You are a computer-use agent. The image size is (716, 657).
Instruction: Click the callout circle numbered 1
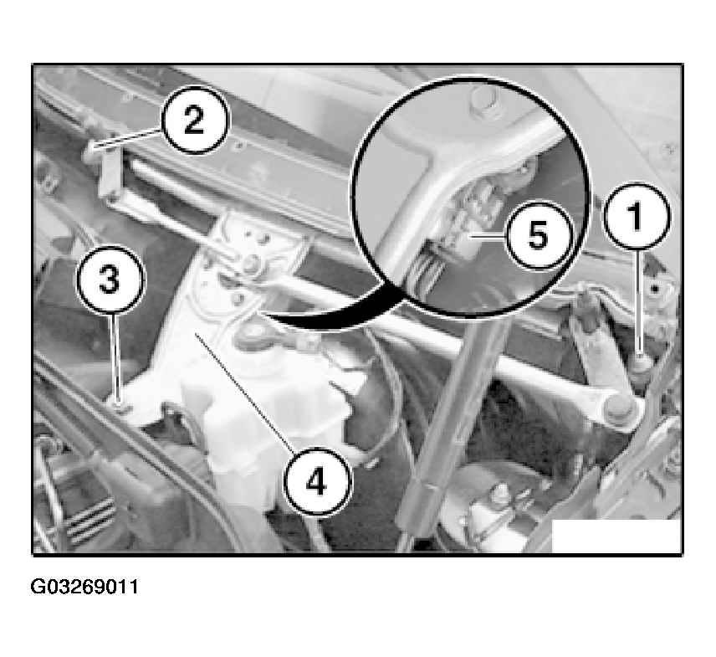(x=637, y=216)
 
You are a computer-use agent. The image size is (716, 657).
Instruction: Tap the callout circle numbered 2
(x=195, y=121)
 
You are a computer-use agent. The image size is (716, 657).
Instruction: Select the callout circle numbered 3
(x=110, y=280)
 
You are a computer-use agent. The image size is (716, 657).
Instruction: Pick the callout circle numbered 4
(x=317, y=481)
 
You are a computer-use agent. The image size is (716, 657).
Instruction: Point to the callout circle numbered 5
(x=538, y=235)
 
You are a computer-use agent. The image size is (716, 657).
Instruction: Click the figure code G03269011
(x=84, y=587)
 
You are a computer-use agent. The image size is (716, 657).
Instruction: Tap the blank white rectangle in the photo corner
(x=616, y=536)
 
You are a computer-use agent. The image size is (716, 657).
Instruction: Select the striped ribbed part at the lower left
(x=91, y=516)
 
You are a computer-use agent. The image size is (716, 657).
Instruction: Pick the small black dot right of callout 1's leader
(x=655, y=290)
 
